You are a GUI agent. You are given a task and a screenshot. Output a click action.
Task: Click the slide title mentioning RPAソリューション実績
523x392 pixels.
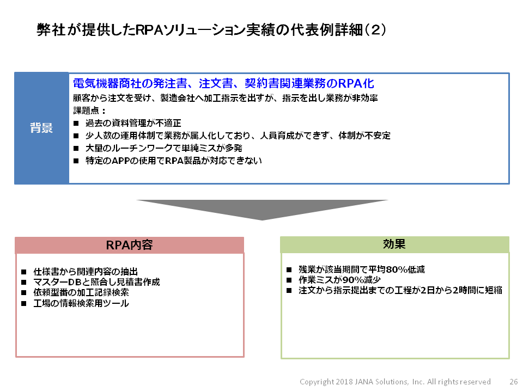(211, 30)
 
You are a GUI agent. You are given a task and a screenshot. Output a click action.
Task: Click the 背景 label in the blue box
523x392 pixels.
(41, 128)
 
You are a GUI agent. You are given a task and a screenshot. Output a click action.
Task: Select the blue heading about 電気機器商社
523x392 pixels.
(223, 83)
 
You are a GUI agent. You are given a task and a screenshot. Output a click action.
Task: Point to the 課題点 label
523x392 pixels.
(89, 111)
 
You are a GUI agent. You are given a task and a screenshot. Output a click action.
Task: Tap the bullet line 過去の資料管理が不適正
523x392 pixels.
(133, 124)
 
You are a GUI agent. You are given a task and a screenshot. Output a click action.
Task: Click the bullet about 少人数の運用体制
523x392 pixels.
(238, 136)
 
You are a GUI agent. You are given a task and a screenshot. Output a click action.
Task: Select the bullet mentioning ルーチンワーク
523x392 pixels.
(164, 148)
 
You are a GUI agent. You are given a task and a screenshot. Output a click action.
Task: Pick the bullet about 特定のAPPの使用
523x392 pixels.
(173, 161)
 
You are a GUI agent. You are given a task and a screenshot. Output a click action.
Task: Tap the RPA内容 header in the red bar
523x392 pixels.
(130, 245)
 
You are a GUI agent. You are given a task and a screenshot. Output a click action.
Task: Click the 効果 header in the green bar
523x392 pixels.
(394, 244)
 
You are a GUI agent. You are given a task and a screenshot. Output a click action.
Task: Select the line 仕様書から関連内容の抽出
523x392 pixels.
(86, 272)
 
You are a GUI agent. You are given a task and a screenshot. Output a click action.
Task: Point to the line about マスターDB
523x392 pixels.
(96, 282)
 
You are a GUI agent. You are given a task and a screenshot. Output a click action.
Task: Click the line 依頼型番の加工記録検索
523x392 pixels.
(81, 292)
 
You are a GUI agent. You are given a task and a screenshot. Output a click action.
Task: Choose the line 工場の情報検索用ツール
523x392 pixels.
(81, 303)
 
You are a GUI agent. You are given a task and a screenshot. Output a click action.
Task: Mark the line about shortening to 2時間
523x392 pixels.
(400, 290)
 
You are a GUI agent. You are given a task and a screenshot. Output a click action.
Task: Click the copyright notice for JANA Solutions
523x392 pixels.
(395, 382)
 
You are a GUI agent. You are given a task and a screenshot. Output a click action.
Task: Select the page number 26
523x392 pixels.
(514, 382)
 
